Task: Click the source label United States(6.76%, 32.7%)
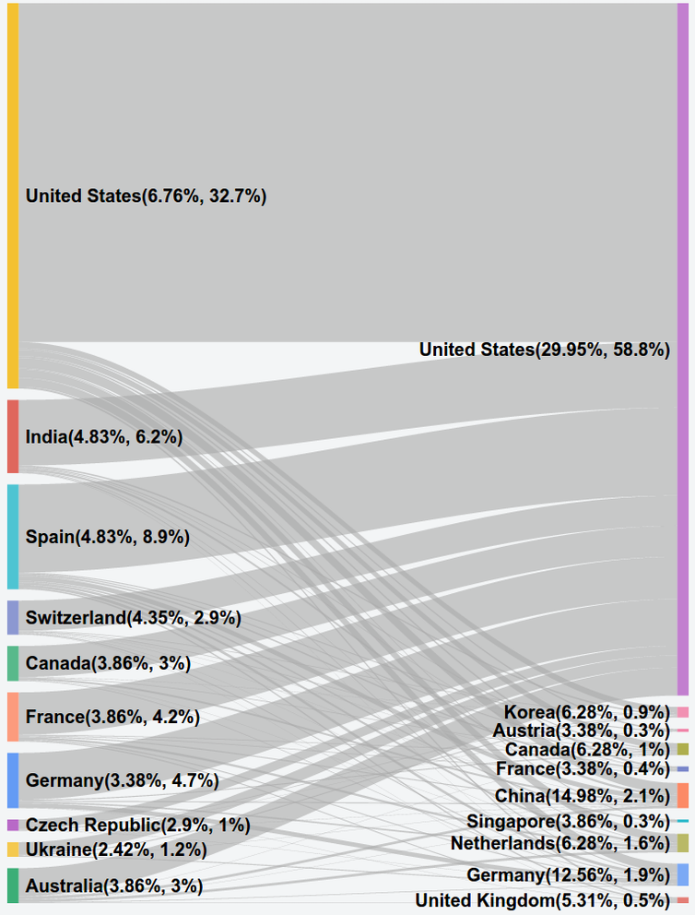click(x=146, y=196)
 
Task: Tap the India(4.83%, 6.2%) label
click(x=104, y=437)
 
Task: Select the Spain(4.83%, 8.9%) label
click(x=108, y=537)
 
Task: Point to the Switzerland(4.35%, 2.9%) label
click(x=134, y=618)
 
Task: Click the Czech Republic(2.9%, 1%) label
click(x=138, y=825)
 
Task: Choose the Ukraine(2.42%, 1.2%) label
click(x=116, y=850)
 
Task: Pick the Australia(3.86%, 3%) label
click(x=114, y=885)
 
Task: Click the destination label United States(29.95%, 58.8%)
click(x=544, y=350)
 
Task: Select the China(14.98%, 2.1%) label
click(x=582, y=795)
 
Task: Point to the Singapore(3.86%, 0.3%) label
click(x=568, y=821)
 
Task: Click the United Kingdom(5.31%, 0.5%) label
click(x=542, y=899)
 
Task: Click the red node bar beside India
click(x=13, y=436)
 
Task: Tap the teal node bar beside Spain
click(x=13, y=537)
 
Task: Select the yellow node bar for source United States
click(x=13, y=196)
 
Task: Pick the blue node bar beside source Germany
click(x=13, y=780)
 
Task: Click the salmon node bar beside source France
click(x=13, y=717)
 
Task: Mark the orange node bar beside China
click(x=682, y=795)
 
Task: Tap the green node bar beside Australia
click(x=13, y=885)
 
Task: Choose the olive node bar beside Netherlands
click(x=682, y=843)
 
